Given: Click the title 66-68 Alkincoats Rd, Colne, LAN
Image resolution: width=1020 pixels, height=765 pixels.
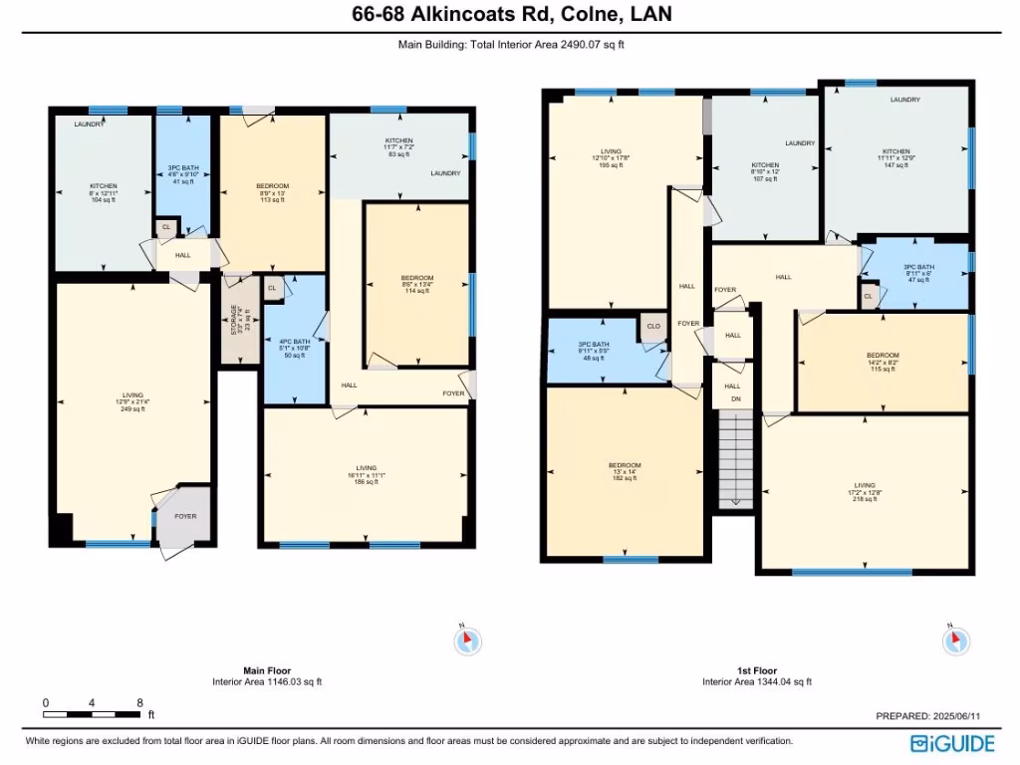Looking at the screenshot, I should [510, 14].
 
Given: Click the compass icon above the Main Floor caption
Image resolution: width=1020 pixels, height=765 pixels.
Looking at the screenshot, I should [467, 640].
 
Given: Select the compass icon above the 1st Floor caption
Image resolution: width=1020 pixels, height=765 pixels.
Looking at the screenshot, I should [953, 639].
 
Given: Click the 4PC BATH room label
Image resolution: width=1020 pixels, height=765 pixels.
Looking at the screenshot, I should [294, 342].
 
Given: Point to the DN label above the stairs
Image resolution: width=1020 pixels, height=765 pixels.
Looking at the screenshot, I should [736, 400].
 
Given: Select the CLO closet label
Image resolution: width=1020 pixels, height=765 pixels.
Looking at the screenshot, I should [653, 326].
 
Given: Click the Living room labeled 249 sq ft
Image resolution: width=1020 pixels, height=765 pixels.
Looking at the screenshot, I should [132, 401].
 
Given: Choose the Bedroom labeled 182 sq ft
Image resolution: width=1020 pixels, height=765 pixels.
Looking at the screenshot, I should [626, 472].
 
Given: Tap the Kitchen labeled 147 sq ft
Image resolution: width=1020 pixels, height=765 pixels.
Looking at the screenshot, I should [894, 157].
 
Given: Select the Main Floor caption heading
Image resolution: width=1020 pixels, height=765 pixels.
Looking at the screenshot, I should [267, 670].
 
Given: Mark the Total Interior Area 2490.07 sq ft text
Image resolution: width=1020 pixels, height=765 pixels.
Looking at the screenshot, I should [510, 44].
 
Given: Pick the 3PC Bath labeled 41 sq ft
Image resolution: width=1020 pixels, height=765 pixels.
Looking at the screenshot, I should [182, 174].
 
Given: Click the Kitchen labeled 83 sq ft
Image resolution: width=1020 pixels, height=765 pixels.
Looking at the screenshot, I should [399, 147].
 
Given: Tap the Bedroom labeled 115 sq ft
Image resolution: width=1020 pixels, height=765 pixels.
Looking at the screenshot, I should [883, 362].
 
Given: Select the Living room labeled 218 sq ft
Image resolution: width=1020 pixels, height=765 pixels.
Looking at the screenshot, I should [865, 489].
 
